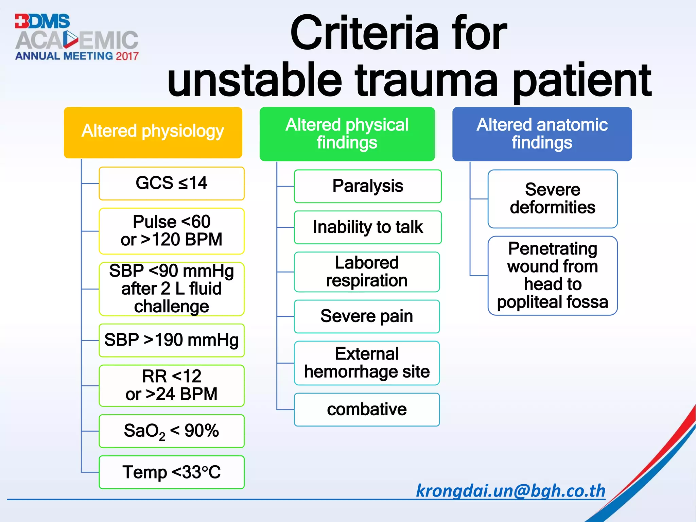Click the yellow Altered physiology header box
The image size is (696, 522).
click(x=153, y=133)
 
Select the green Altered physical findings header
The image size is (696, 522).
click(x=347, y=134)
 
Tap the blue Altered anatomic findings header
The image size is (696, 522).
click(x=542, y=134)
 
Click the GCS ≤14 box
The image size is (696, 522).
click(x=172, y=184)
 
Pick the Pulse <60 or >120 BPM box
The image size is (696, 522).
click(x=172, y=231)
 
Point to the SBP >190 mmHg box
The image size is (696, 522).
click(x=172, y=340)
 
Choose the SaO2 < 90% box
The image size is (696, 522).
click(x=172, y=431)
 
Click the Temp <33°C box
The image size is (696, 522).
click(x=172, y=472)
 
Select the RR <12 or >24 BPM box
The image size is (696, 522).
click(x=172, y=386)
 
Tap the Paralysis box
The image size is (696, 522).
click(x=368, y=186)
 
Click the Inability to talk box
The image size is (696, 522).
click(x=368, y=227)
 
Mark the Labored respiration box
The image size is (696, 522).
click(x=367, y=272)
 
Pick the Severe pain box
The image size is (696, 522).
click(x=367, y=316)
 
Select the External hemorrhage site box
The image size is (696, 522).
click(x=367, y=363)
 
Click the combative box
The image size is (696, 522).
click(x=367, y=410)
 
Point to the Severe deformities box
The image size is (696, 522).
click(x=553, y=199)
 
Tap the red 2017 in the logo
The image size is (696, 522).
click(x=127, y=56)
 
